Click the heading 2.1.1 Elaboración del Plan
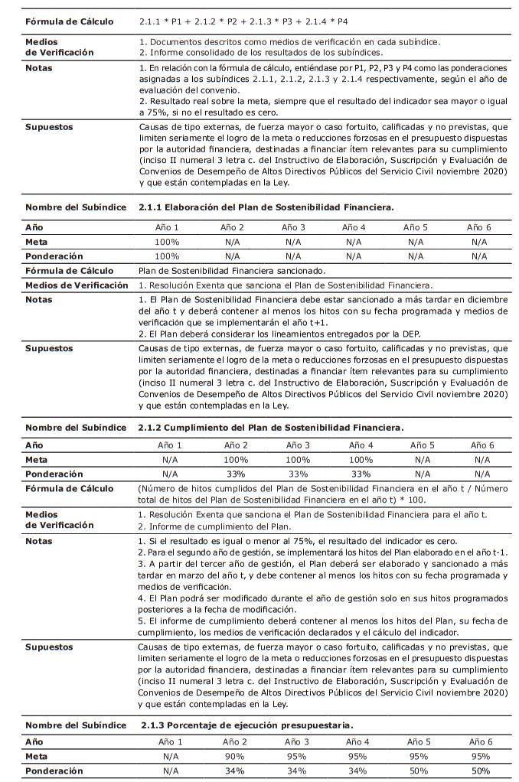(266, 207)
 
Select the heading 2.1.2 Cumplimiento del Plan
(271, 426)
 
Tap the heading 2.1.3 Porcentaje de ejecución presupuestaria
(247, 724)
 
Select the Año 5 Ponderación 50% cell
(419, 771)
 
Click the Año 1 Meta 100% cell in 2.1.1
(168, 242)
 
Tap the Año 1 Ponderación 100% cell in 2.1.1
(168, 256)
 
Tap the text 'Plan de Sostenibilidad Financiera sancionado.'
(232, 270)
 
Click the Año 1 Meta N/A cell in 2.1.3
(170, 757)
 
